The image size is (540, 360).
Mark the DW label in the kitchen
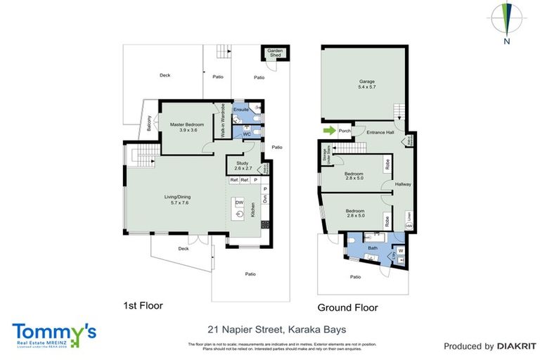pos(239,202)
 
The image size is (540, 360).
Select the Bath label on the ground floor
pos(373,248)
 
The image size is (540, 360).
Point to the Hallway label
pos(403,185)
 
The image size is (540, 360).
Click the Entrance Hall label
pos(370,131)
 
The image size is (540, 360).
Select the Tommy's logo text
pos(53,331)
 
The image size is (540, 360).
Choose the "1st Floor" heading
pos(143,307)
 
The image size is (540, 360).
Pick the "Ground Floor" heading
pos(347,307)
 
